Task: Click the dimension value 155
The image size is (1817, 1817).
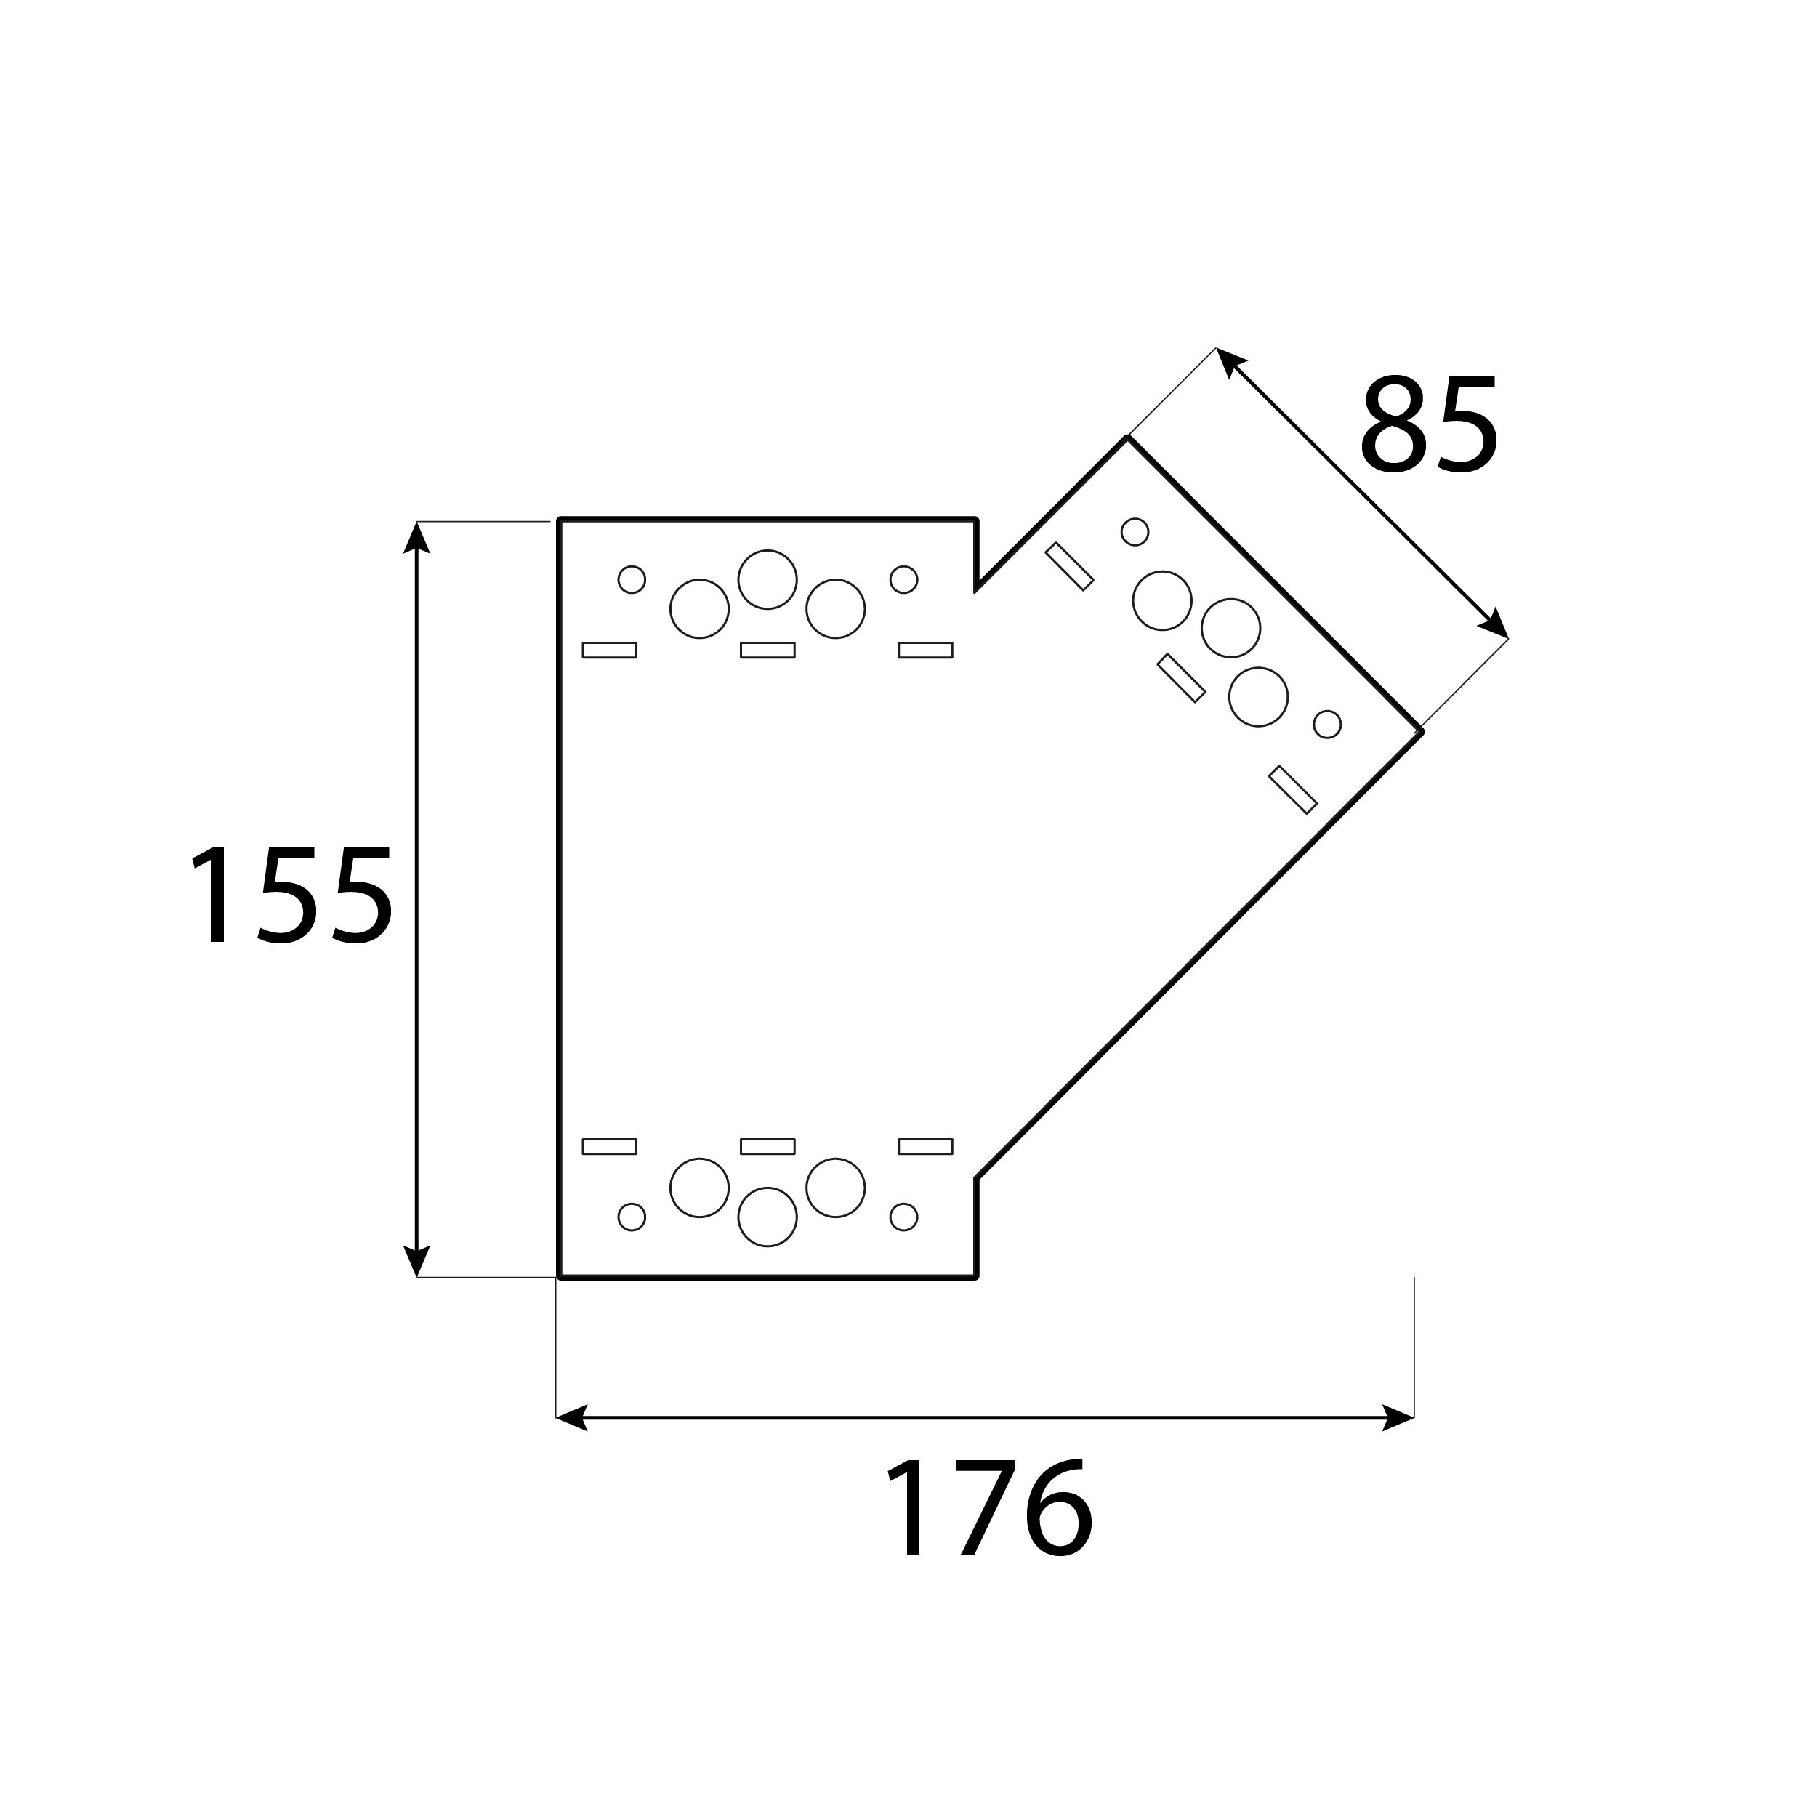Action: pos(291,895)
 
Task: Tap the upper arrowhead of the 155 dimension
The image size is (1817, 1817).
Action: pos(416,539)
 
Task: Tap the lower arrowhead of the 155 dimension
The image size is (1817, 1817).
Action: pos(416,1260)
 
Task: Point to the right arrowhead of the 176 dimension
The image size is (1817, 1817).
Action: pos(1398,1417)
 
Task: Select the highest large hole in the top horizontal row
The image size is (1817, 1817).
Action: pos(768,579)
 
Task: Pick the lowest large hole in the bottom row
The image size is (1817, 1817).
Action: pos(768,1217)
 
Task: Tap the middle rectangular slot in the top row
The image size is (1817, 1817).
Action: pos(768,650)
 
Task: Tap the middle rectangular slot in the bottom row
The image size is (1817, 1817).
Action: pos(768,1146)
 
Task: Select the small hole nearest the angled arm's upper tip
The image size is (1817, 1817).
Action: pos(1135,531)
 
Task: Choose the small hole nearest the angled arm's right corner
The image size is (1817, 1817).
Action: pos(1327,724)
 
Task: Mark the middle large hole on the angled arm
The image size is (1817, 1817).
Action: pos(1231,628)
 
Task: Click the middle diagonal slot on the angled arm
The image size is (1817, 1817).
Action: pos(1181,678)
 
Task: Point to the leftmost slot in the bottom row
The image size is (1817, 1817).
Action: pos(610,1146)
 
